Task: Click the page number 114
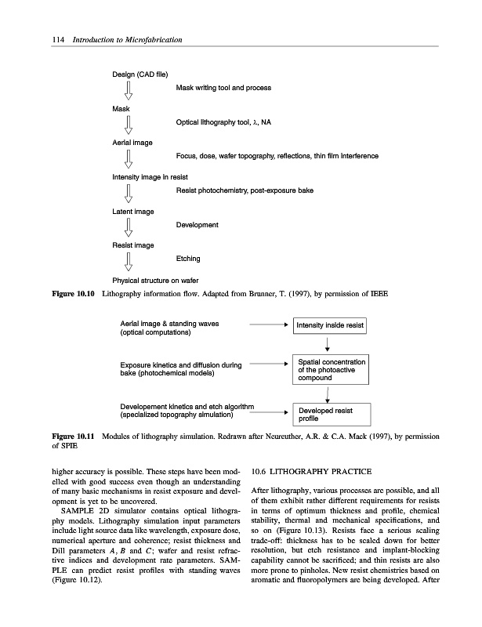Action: [32, 39]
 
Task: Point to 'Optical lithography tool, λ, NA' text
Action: [223, 122]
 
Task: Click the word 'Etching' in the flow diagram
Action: [188, 258]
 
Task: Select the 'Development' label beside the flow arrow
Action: [198, 225]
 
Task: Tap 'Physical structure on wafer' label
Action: [154, 280]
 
